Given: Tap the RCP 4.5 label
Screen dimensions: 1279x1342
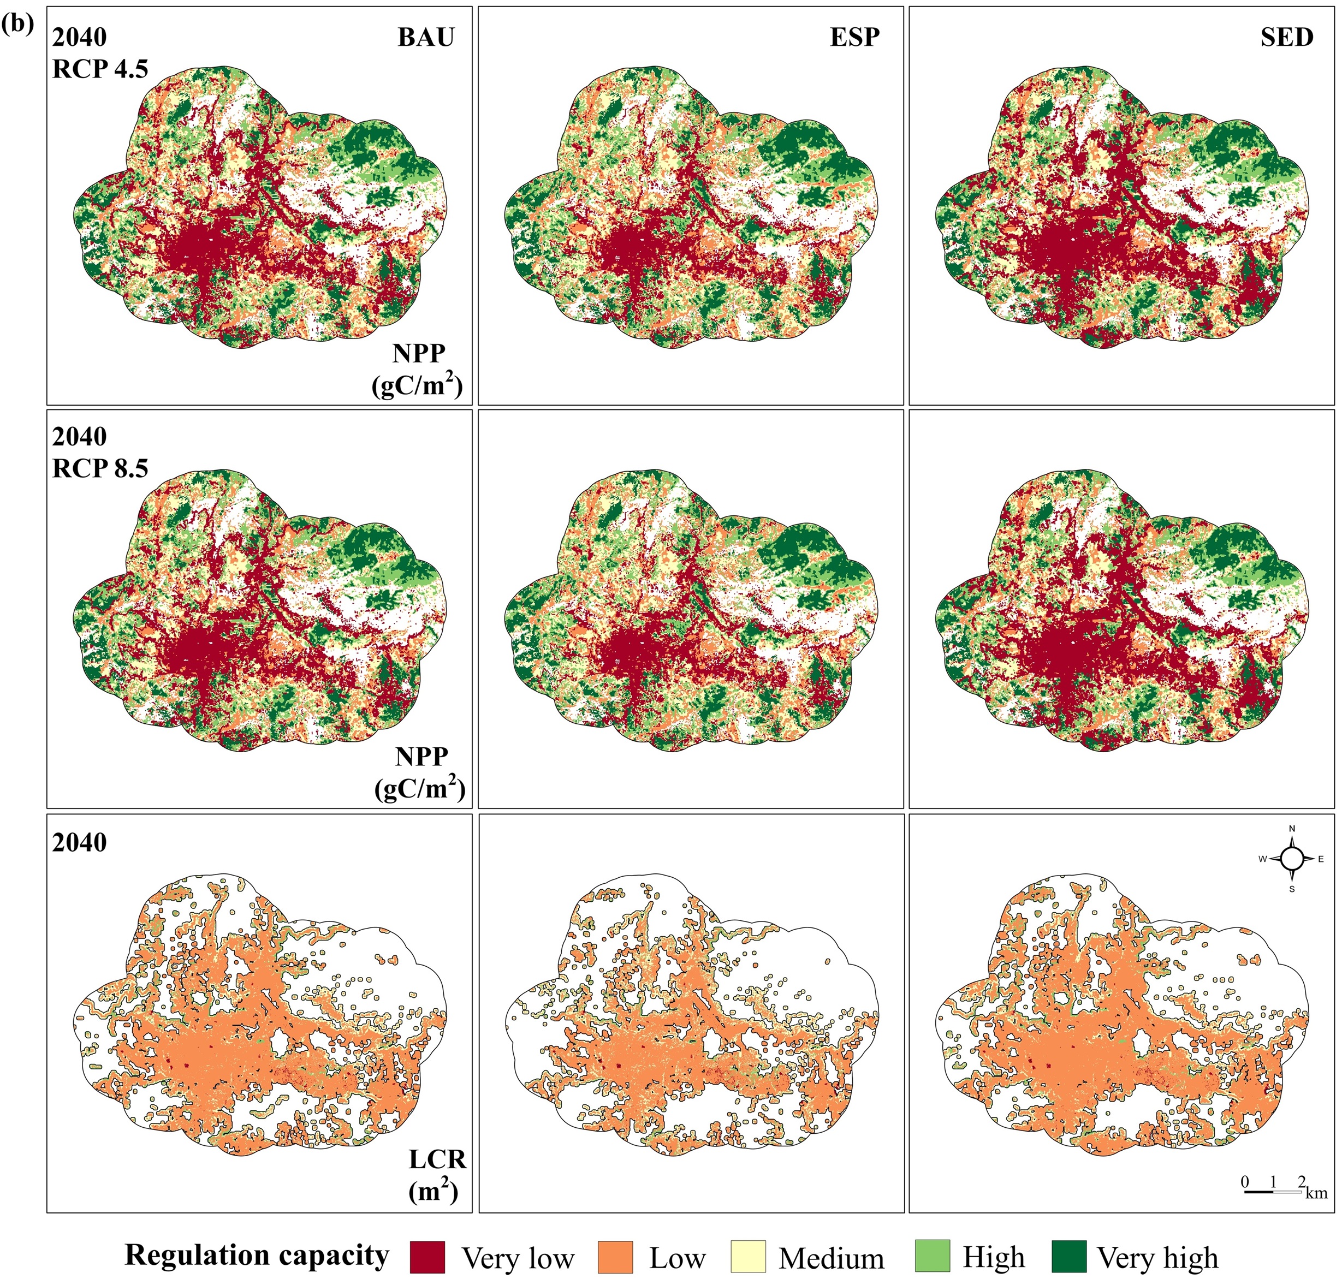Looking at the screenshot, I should pos(100,69).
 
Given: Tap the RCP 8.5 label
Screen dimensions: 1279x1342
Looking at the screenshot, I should pos(100,468).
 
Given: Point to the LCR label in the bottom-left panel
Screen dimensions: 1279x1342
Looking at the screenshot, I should pos(437,1159).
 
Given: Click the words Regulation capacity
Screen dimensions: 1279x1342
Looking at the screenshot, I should pos(257,1255).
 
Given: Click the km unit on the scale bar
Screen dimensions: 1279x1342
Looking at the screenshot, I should pos(1317,1192).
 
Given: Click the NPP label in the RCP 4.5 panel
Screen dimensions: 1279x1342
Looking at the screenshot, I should pos(419,353).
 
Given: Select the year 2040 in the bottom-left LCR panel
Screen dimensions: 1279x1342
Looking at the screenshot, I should pos(80,843).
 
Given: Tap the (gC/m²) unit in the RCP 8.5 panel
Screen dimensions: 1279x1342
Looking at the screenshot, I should pos(419,789).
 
